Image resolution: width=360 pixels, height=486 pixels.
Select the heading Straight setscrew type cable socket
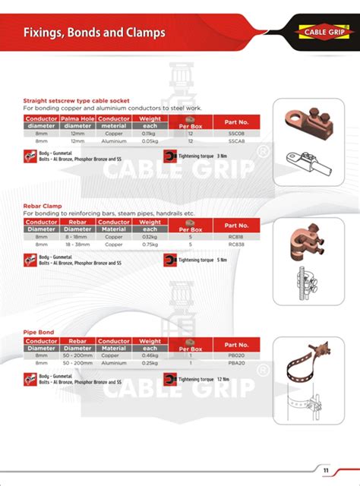click(x=77, y=100)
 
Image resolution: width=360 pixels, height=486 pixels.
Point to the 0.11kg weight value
click(x=150, y=133)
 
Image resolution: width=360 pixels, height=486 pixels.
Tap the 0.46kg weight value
click(x=150, y=357)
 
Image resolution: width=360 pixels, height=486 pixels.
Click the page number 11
click(x=325, y=469)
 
